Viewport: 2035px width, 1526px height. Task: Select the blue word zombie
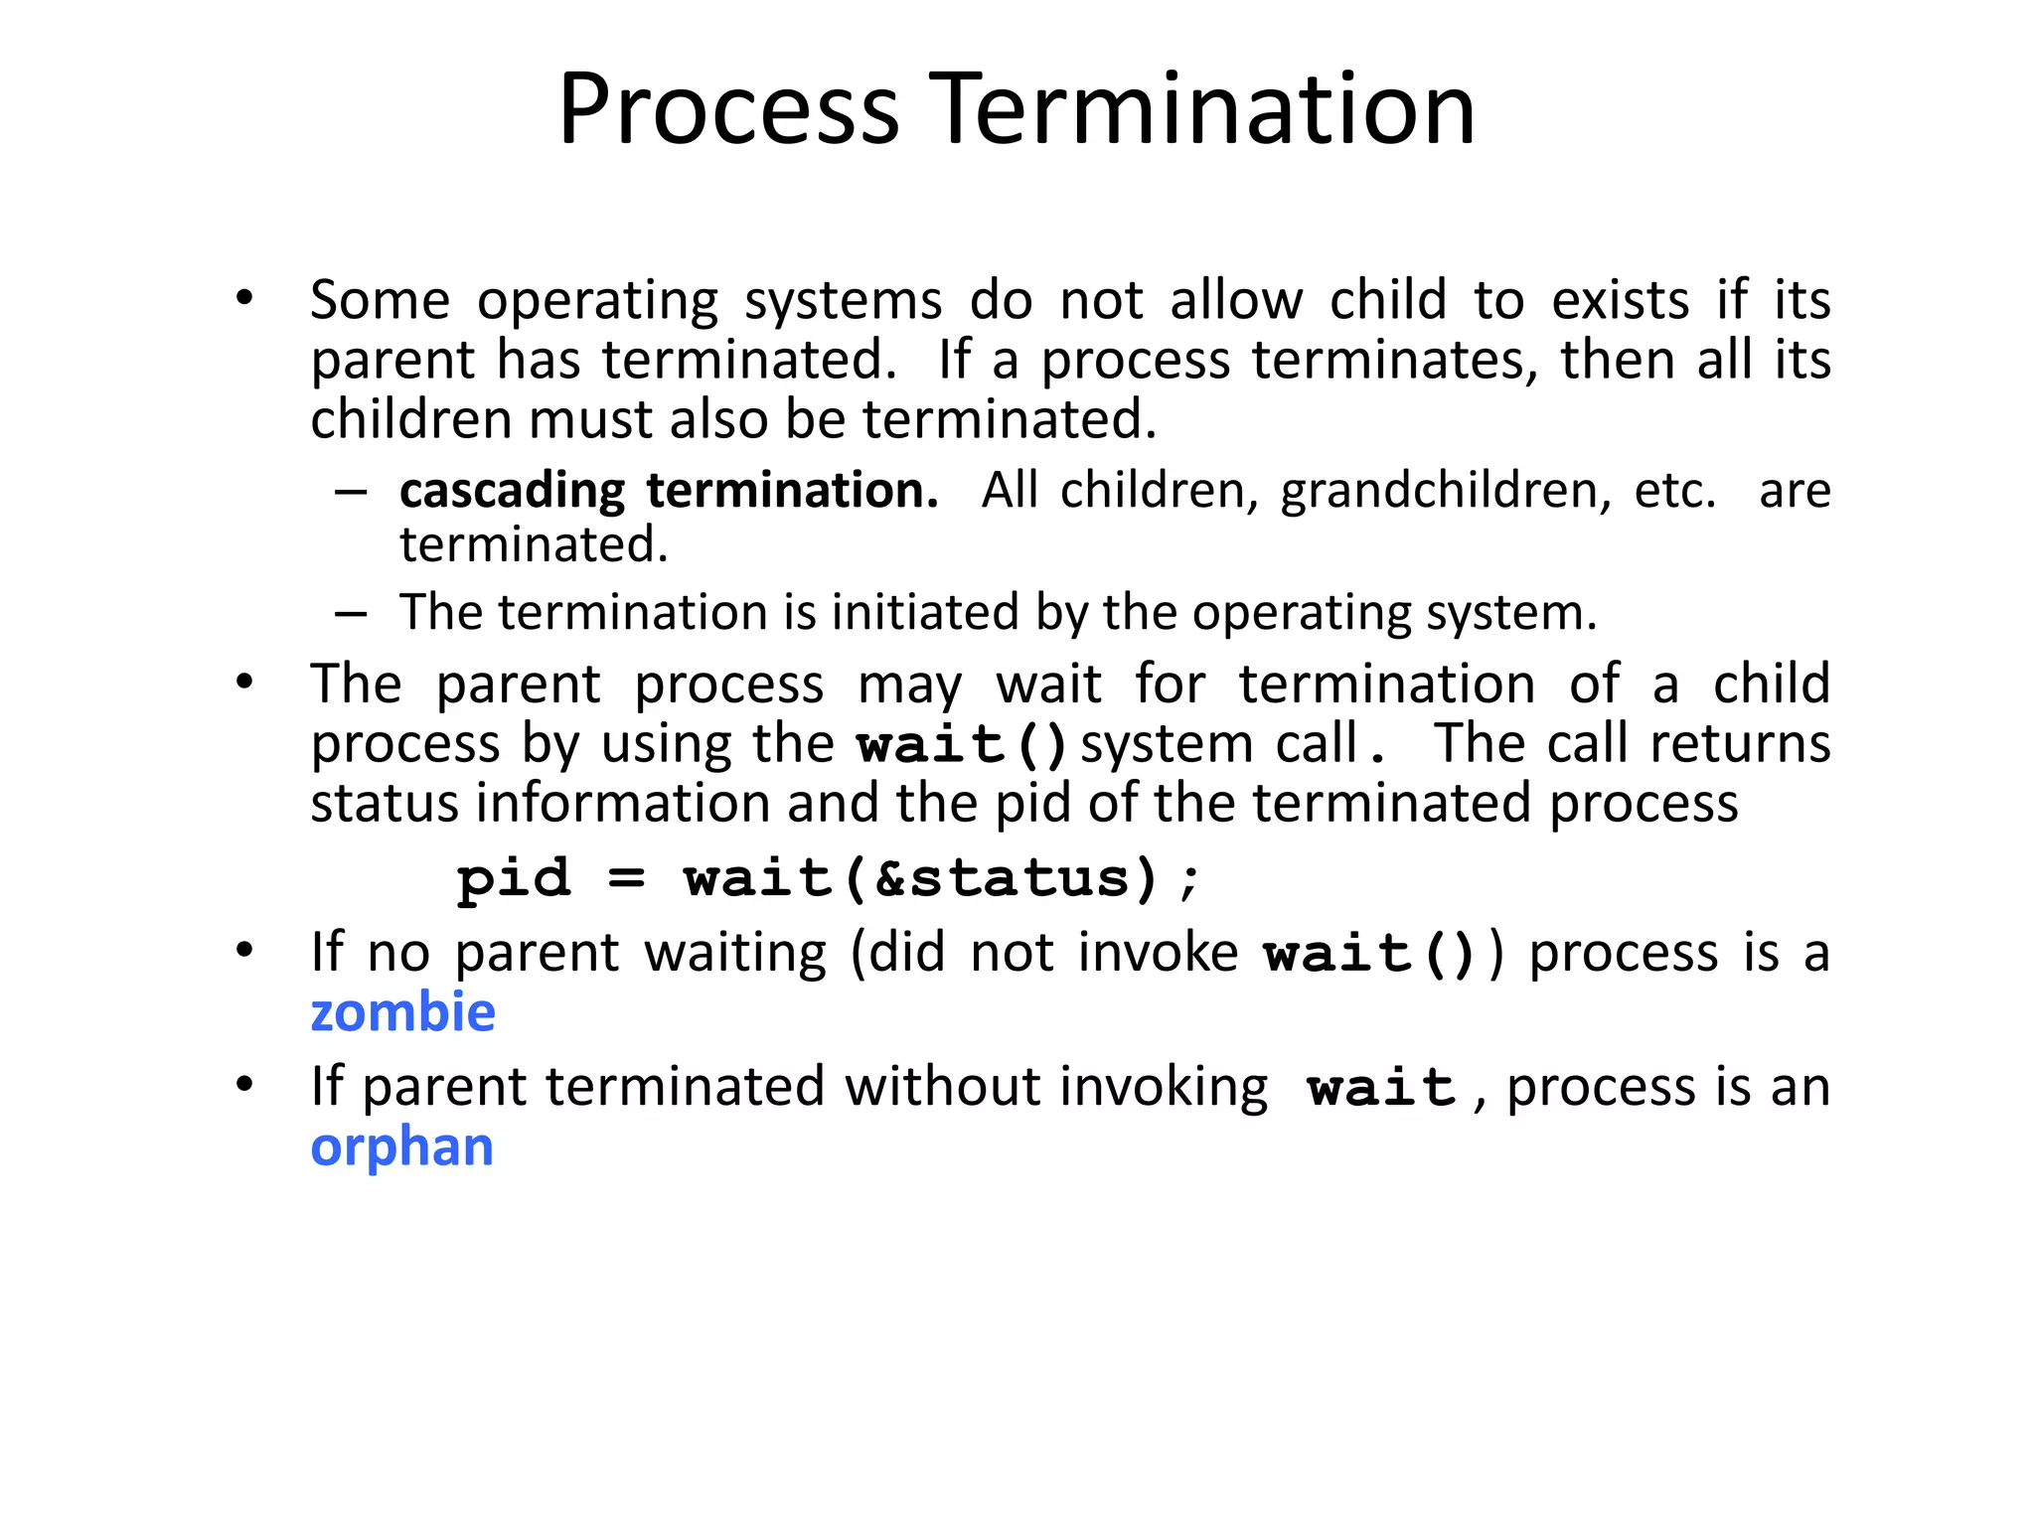pyautogui.click(x=402, y=1012)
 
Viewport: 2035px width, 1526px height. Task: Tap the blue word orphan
pyautogui.click(x=401, y=1147)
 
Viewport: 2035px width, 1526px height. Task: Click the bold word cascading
pyautogui.click(x=512, y=491)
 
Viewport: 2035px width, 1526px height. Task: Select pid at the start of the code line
pyautogui.click(x=514, y=878)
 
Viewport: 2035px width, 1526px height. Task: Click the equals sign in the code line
pyautogui.click(x=627, y=878)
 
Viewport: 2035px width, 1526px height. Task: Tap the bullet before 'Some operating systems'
pyautogui.click(x=244, y=298)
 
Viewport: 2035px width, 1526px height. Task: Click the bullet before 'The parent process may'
pyautogui.click(x=244, y=683)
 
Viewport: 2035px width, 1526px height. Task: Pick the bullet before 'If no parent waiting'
pyautogui.click(x=244, y=951)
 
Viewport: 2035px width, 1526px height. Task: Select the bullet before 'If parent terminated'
pyautogui.click(x=244, y=1085)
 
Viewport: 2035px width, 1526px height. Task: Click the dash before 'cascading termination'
pyautogui.click(x=351, y=492)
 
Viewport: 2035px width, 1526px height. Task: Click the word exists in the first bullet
pyautogui.click(x=1620, y=300)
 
